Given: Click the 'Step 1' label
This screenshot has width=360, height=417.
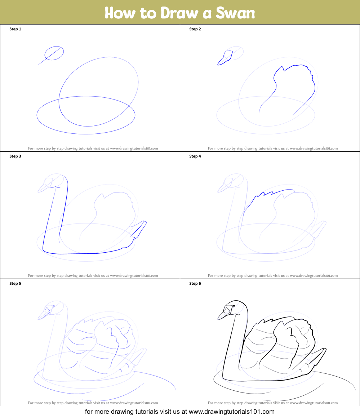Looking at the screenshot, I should point(15,29).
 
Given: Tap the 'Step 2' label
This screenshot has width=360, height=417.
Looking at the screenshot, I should point(195,29).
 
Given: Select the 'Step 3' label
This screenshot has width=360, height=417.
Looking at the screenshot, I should point(15,156).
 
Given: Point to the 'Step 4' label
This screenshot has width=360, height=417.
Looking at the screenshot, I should point(195,156).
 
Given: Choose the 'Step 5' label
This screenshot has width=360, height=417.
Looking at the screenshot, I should point(15,284).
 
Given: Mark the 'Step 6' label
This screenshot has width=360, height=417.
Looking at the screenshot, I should point(195,284).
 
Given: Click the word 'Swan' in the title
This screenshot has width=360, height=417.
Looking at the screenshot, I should point(235,13).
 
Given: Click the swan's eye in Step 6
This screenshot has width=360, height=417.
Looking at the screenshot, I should point(234,306).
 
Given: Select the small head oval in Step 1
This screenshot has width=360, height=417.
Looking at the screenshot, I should point(54,53).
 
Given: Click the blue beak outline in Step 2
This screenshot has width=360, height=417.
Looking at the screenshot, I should point(225,58).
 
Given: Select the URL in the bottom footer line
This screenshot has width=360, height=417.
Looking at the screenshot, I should point(232,412).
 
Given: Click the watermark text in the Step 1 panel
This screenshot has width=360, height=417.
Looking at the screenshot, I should point(93,148).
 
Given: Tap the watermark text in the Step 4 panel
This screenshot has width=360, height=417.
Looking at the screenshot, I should point(273,275).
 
